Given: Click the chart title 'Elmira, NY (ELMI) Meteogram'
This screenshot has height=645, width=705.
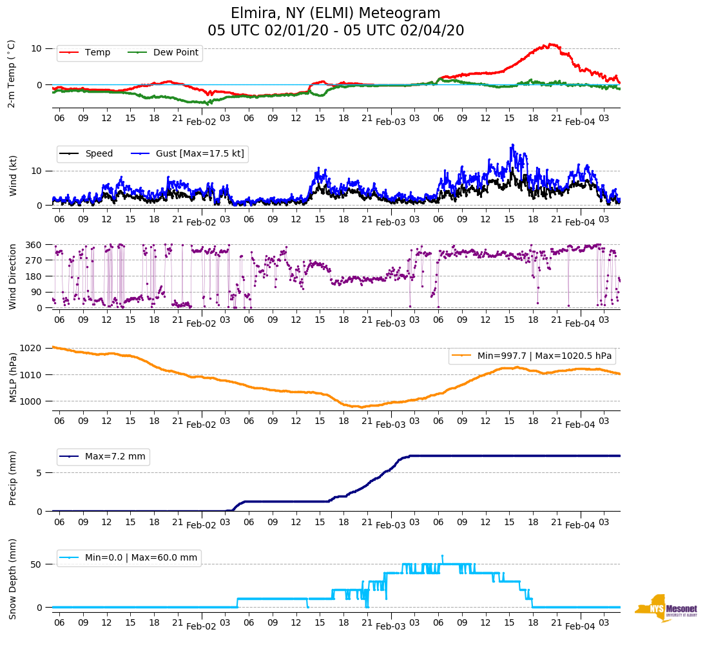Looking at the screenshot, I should [x=335, y=14].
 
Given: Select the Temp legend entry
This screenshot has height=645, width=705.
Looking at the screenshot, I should [x=97, y=53].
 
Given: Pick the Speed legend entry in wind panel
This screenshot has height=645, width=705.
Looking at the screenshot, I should [x=99, y=153].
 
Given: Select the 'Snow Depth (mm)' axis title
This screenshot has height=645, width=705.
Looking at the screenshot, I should [x=13, y=578].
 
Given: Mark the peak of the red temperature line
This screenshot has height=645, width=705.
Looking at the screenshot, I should [x=551, y=44].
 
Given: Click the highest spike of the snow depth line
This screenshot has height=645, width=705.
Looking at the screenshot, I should [x=442, y=555].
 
